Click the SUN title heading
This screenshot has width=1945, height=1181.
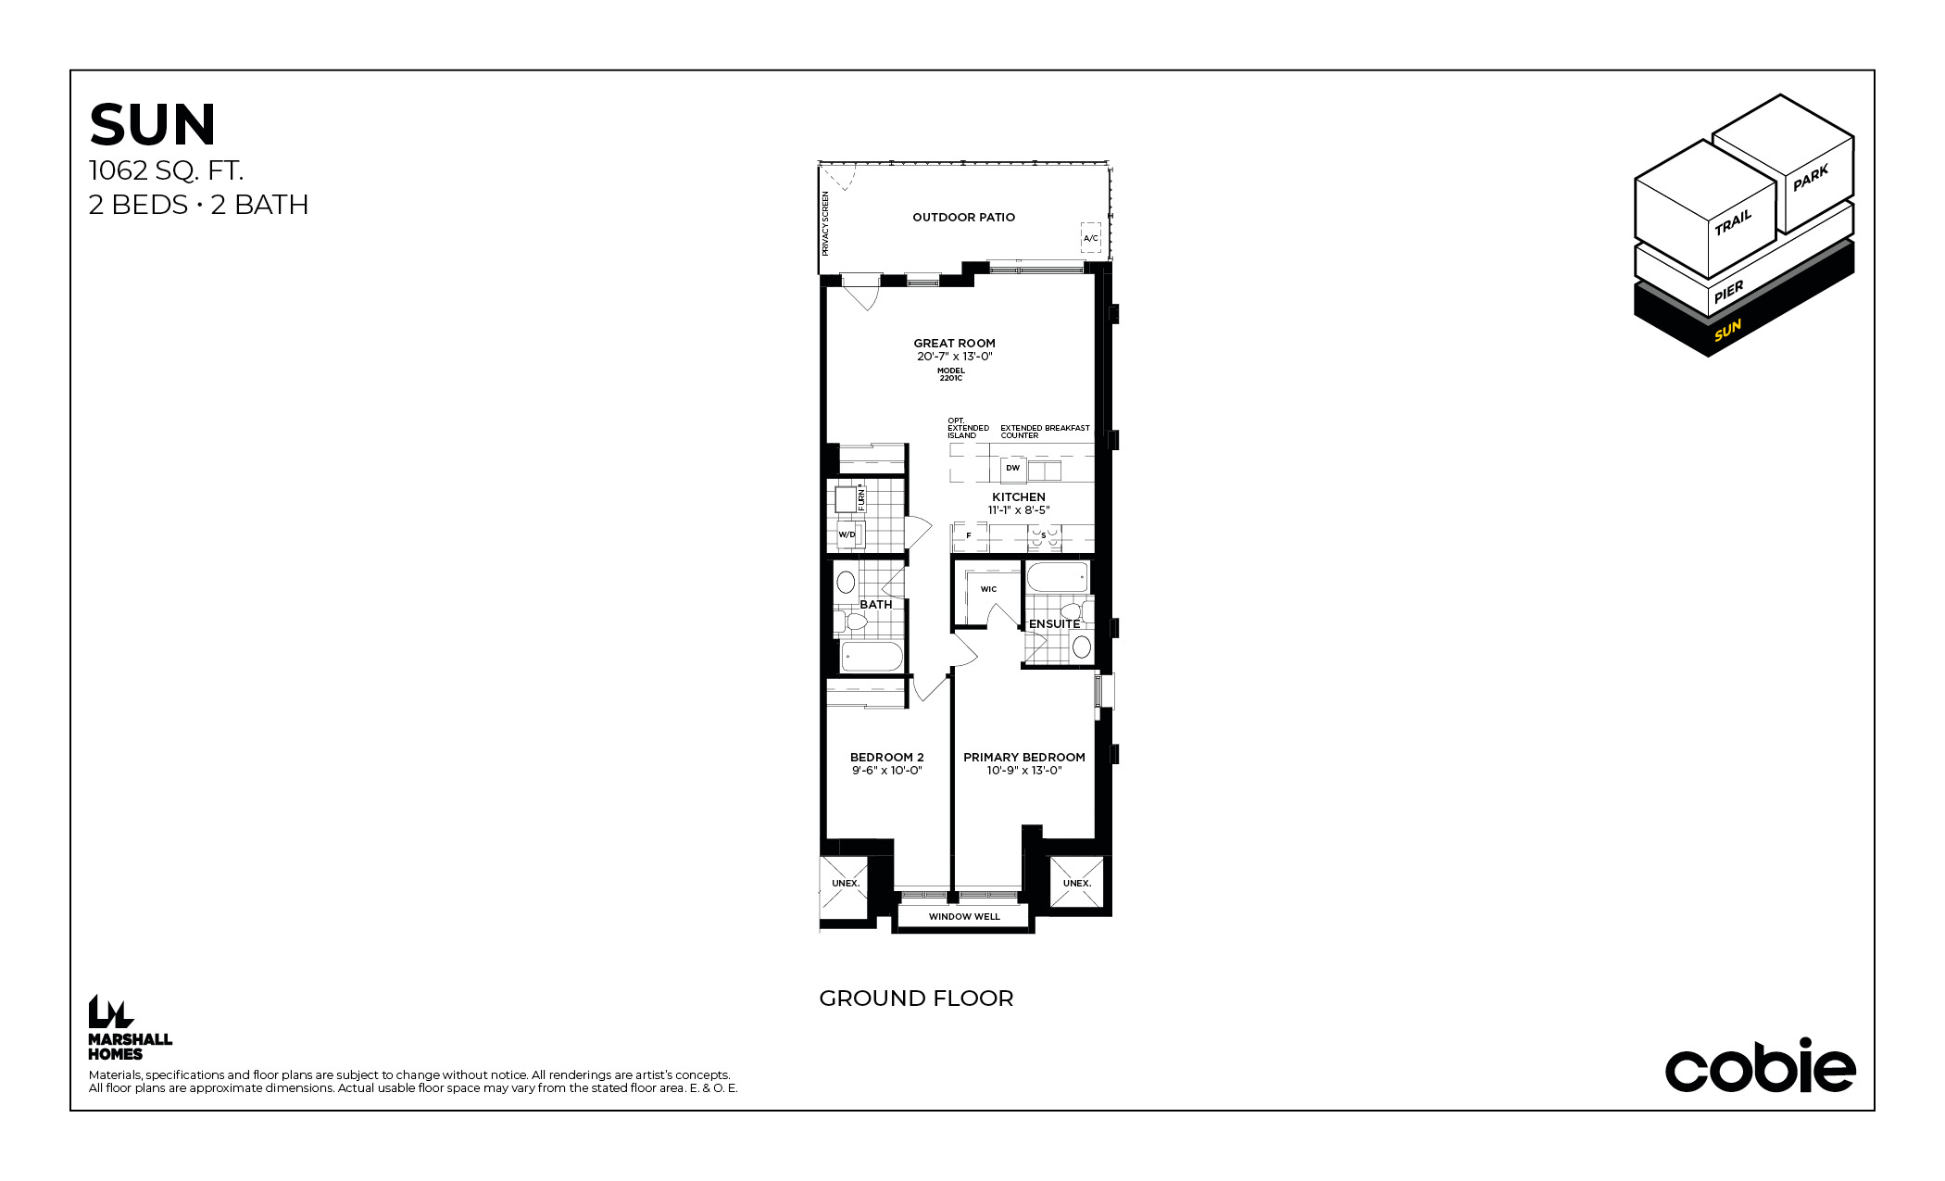[x=153, y=125]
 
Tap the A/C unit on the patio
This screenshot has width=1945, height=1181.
[x=1091, y=238]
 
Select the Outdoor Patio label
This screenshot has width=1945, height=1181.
[x=963, y=218]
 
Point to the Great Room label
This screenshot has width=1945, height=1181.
[x=954, y=344]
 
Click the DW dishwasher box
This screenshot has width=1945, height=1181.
[x=1012, y=469]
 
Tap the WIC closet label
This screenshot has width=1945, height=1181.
[x=988, y=589]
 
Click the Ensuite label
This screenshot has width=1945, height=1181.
[x=1054, y=624]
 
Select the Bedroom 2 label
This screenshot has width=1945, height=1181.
[x=886, y=758]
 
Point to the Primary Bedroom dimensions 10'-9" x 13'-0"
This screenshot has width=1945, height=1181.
[x=1023, y=771]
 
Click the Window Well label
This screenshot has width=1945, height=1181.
[x=964, y=917]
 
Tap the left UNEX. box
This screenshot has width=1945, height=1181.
[x=845, y=884]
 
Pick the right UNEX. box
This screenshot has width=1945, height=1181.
[x=1076, y=884]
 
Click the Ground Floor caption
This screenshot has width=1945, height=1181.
[x=916, y=999]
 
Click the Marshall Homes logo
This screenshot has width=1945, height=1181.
[x=130, y=1027]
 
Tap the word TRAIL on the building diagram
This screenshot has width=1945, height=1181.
[x=1733, y=222]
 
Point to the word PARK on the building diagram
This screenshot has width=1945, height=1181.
[x=1811, y=178]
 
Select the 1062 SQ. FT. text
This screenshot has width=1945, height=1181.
[x=166, y=170]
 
